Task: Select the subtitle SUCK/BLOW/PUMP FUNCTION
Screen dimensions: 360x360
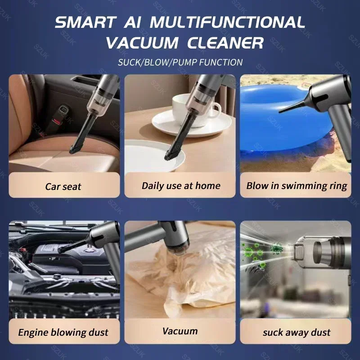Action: coord(180,62)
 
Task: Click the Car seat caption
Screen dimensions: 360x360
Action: coord(64,186)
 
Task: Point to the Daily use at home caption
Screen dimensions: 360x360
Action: coord(181,185)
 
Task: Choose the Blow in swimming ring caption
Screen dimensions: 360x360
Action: coord(297,185)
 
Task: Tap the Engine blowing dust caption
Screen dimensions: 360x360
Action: coord(63,333)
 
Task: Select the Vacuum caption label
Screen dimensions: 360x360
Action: coord(180,331)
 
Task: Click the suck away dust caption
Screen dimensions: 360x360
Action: coord(296,333)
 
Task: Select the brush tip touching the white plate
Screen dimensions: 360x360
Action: coord(170,156)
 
